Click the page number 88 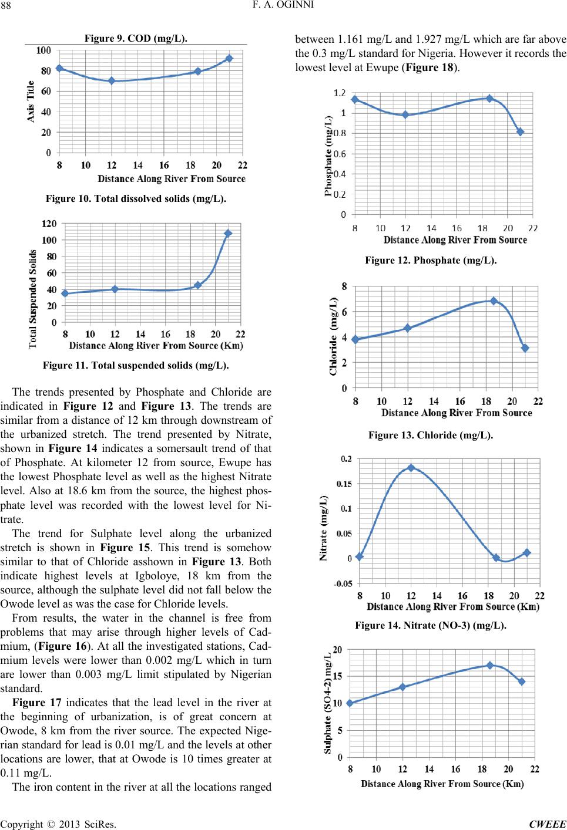pos(5,6)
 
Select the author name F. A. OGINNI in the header pos(283,5)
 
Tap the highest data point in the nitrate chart pos(411,468)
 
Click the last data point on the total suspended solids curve pos(228,233)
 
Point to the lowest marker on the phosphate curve pos(520,132)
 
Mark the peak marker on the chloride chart pos(494,301)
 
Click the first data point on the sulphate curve pos(350,703)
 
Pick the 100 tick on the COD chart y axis pos(43,50)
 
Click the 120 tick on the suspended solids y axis pos(49,224)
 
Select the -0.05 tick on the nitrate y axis pos(343,584)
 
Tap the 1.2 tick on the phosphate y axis pos(338,92)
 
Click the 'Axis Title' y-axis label pos(31,101)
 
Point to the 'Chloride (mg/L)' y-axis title pos(333,336)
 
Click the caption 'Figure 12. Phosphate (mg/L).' pos(431,260)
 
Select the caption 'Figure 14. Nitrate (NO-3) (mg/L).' pos(431,626)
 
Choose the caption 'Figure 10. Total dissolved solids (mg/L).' pos(136,198)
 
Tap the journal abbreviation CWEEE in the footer pos(548,824)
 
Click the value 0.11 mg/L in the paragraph pos(26,773)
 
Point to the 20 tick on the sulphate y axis pos(337,650)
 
